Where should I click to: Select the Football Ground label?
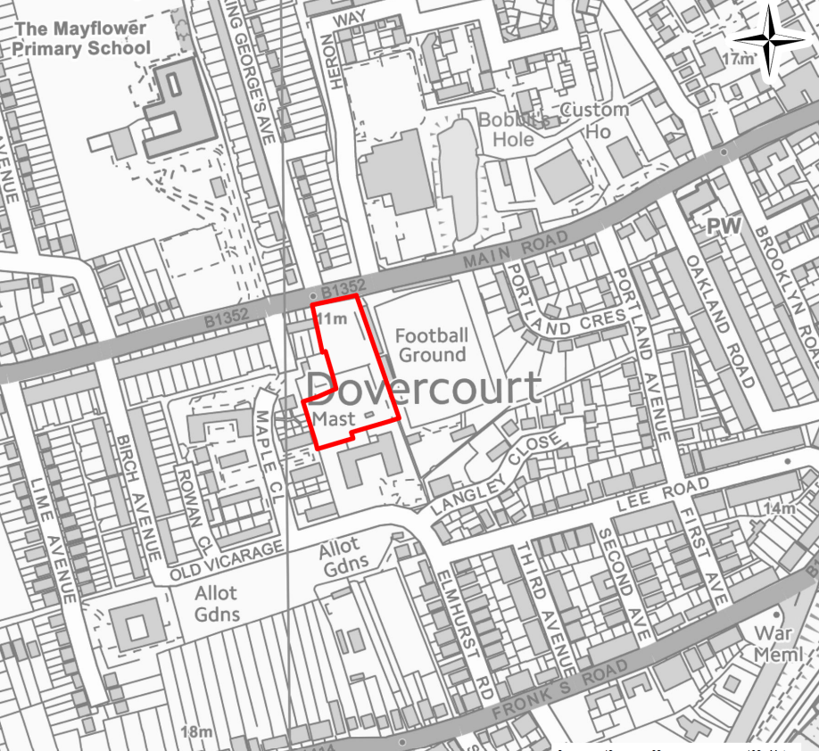(432, 345)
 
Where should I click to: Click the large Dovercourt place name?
(424, 388)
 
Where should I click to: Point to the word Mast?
(335, 418)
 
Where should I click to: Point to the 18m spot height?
(197, 731)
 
